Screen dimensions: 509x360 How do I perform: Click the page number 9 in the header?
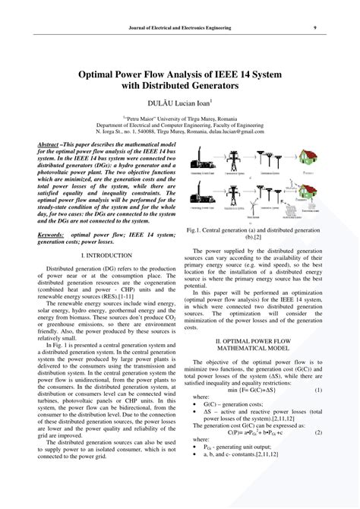point(314,29)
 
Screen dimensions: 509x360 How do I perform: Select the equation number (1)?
point(318,411)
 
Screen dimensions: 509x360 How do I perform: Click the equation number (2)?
point(318,453)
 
